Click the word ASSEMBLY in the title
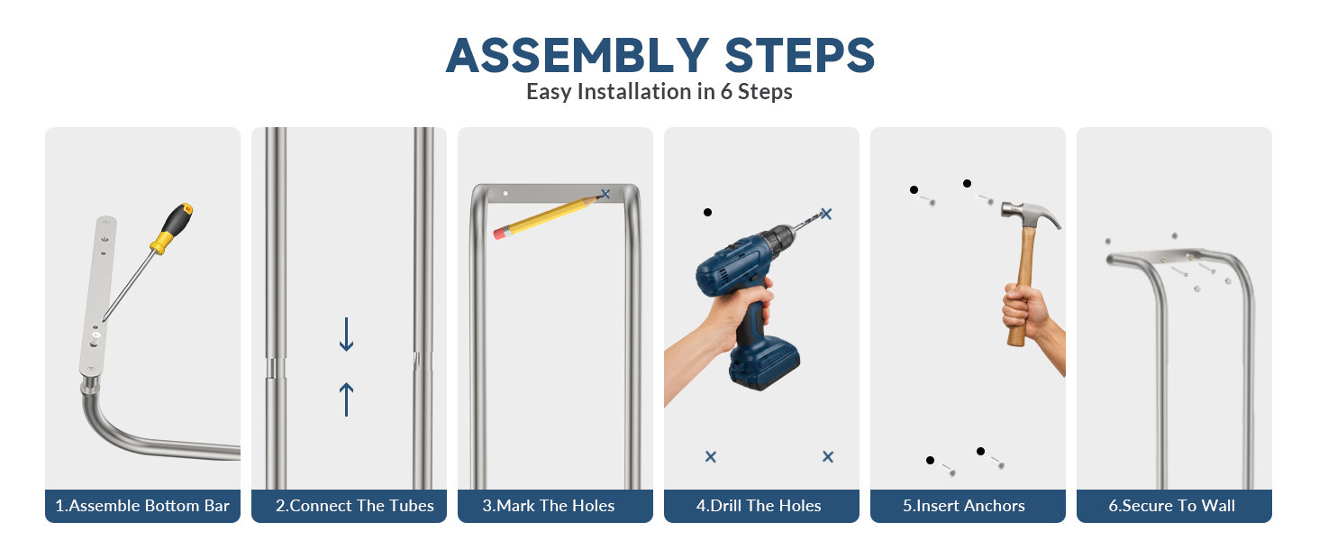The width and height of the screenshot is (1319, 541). click(577, 55)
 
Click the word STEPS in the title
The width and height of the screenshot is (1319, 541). click(800, 55)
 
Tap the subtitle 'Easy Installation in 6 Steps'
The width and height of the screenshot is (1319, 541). click(659, 92)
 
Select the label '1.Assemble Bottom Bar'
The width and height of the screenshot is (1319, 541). click(142, 506)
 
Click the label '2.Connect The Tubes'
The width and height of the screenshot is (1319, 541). click(354, 506)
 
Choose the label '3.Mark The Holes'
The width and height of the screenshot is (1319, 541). click(548, 506)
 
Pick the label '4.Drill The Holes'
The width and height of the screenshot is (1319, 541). click(759, 506)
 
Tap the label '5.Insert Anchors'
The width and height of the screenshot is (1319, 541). click(964, 506)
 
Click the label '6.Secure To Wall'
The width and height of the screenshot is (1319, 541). click(1172, 506)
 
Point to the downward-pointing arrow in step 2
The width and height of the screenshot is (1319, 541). click(346, 335)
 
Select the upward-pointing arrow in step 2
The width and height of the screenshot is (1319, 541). click(346, 399)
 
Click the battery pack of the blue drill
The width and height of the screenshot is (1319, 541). click(764, 367)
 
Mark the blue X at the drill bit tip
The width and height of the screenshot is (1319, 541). click(826, 214)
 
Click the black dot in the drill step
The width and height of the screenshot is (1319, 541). click(708, 212)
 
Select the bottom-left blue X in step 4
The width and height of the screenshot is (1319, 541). click(711, 457)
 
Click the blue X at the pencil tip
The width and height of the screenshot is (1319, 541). click(605, 194)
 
